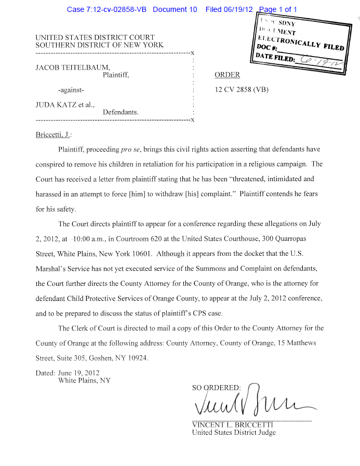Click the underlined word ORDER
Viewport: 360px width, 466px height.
[x=227, y=75]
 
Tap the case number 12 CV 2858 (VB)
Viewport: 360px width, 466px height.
[x=242, y=89]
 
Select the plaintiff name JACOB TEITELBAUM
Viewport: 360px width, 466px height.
[x=72, y=67]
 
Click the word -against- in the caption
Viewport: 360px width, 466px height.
[x=71, y=89]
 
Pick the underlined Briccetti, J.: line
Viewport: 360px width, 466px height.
[x=52, y=134]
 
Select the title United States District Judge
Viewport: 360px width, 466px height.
[x=234, y=432]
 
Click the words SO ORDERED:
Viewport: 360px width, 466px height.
[x=217, y=388]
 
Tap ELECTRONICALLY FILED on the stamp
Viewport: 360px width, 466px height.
[x=301, y=41]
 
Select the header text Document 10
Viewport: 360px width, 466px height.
[x=175, y=10]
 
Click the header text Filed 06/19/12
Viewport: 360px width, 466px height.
[x=229, y=10]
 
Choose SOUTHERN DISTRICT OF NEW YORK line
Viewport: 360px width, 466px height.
[x=99, y=45]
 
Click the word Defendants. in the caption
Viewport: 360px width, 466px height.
[x=121, y=112]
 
